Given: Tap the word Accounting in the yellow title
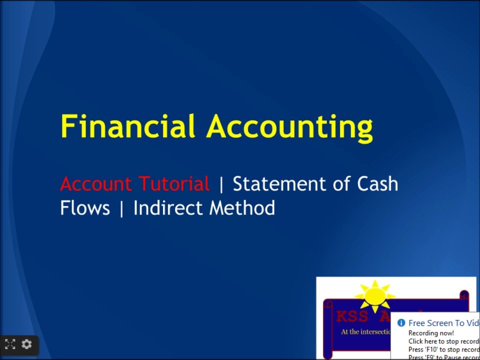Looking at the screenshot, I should (290, 127).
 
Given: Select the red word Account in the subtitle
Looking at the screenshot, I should (95, 184).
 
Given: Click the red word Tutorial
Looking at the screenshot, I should (174, 184).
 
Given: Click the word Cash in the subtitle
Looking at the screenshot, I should (377, 184).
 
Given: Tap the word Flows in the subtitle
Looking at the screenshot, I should (85, 208).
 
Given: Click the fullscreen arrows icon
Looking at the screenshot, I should (10, 344).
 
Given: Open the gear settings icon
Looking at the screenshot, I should (27, 344).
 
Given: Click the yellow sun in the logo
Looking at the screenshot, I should (374, 295).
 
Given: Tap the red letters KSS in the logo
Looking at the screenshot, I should (352, 316).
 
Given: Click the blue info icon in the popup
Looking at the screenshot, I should (401, 323).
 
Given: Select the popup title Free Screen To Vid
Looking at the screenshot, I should (443, 323).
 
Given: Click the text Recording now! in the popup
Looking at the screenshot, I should (431, 333).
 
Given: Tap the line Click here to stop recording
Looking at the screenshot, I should (443, 341).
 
